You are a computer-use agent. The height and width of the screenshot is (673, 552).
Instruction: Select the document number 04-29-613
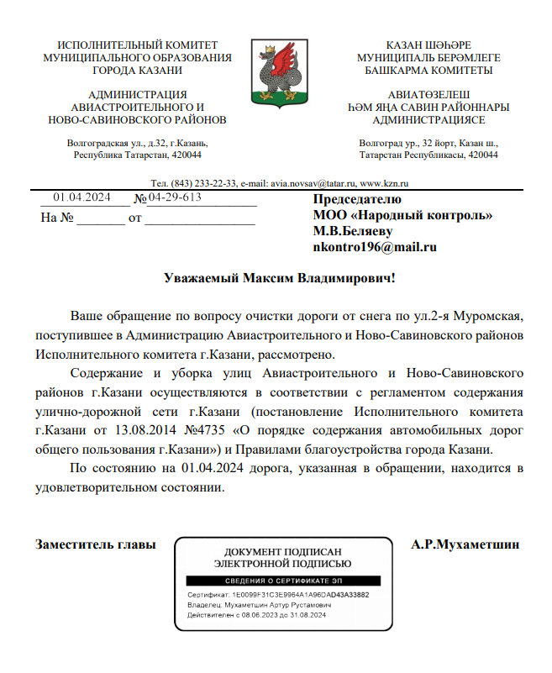pyautogui.click(x=175, y=197)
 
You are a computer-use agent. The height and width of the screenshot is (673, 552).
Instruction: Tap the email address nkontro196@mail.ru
pyautogui.click(x=375, y=247)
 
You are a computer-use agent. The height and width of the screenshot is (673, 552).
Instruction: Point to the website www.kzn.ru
pyautogui.click(x=384, y=183)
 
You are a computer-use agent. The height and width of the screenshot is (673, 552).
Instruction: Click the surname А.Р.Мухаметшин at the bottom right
pyautogui.click(x=465, y=544)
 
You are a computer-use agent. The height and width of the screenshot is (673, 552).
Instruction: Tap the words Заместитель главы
pyautogui.click(x=96, y=544)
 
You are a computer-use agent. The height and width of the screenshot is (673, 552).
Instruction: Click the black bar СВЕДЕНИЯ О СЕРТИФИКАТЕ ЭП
pyautogui.click(x=283, y=581)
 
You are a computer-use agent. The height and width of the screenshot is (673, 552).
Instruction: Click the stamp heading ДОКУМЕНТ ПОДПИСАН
pyautogui.click(x=283, y=550)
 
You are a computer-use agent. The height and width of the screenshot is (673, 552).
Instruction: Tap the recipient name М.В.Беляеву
pyautogui.click(x=353, y=231)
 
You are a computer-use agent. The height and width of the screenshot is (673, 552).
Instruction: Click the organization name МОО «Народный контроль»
pyautogui.click(x=402, y=215)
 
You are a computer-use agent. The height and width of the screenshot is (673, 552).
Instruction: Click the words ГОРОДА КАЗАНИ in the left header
pyautogui.click(x=137, y=71)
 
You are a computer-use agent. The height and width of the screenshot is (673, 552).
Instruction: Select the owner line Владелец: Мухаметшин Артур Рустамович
pyautogui.click(x=259, y=604)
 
